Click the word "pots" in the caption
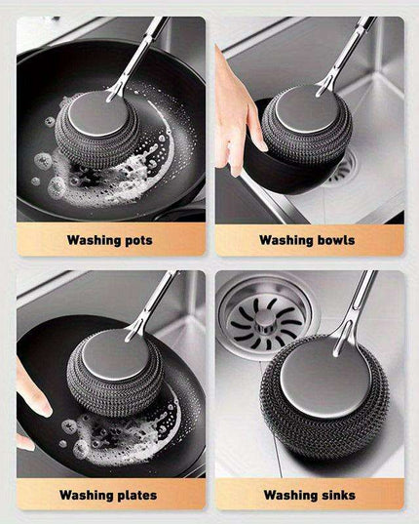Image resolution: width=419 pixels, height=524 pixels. point(135,239)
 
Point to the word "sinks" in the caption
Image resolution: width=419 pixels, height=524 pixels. point(336,495)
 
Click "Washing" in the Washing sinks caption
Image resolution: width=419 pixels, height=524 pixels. point(288,495)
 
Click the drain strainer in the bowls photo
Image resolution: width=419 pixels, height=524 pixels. point(341,172)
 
